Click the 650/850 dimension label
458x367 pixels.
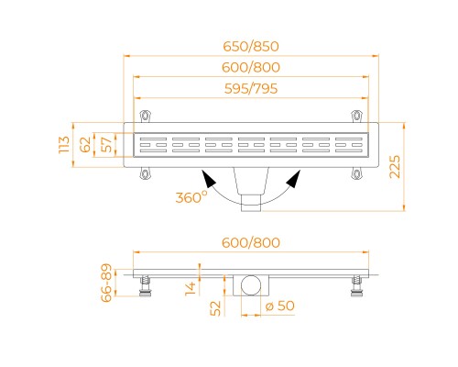(251, 47)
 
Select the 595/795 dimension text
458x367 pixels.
(251, 89)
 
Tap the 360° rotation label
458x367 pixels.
(191, 197)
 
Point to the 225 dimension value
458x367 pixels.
(395, 167)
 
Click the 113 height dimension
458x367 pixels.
(64, 145)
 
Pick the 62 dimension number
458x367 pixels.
(85, 145)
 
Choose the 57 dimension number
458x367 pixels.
(106, 145)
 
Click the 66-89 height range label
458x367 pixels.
(106, 283)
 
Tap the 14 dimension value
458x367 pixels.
(191, 289)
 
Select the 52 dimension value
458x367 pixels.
(215, 308)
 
